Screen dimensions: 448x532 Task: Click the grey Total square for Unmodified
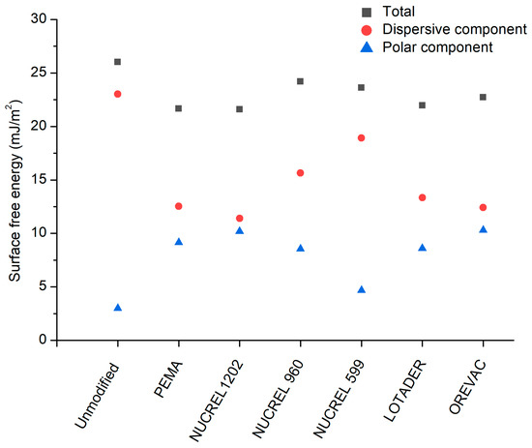[x=118, y=62]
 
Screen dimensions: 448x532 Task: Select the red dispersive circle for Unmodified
[x=118, y=94]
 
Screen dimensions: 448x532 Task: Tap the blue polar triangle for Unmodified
[x=118, y=308]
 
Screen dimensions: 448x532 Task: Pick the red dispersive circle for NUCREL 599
[x=362, y=137]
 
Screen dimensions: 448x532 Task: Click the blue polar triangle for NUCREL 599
[x=362, y=289]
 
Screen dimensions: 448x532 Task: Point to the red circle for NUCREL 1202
[x=240, y=219]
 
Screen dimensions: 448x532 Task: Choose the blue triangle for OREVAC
[x=483, y=229]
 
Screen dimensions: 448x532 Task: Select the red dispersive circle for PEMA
[x=179, y=206]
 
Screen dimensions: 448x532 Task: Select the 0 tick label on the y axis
[x=43, y=341]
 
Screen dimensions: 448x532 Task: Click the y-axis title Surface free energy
[x=15, y=180]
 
